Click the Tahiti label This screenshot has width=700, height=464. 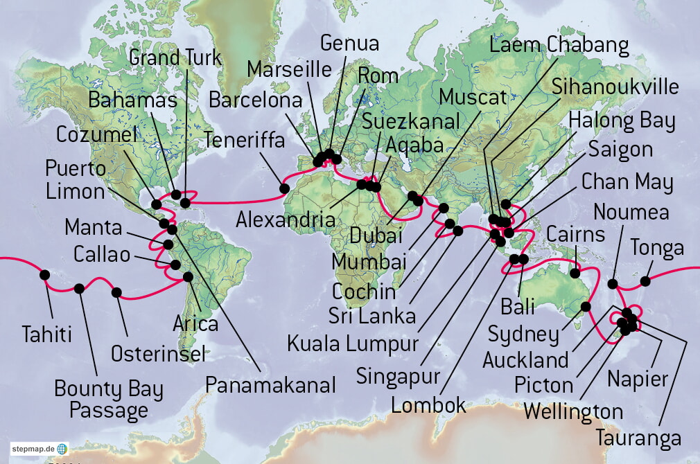coord(46,334)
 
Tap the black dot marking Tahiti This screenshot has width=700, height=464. coord(45,275)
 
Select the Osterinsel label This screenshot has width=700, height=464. coord(158,354)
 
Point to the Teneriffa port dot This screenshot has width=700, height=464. coord(284,188)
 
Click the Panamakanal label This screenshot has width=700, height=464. coord(270,384)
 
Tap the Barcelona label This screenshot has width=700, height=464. coord(256,100)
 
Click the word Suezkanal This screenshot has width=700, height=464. coord(411,121)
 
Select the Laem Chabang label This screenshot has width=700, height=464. coord(559,46)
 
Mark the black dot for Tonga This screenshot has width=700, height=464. coord(645,281)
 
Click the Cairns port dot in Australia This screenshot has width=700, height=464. coord(575,274)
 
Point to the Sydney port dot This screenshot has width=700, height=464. coord(586,307)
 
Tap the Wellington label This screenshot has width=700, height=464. coord(573,411)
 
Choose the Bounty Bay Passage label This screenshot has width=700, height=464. coord(109,400)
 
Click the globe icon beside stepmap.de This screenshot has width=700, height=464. coord(62,449)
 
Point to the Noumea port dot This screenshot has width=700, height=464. coord(613,283)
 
